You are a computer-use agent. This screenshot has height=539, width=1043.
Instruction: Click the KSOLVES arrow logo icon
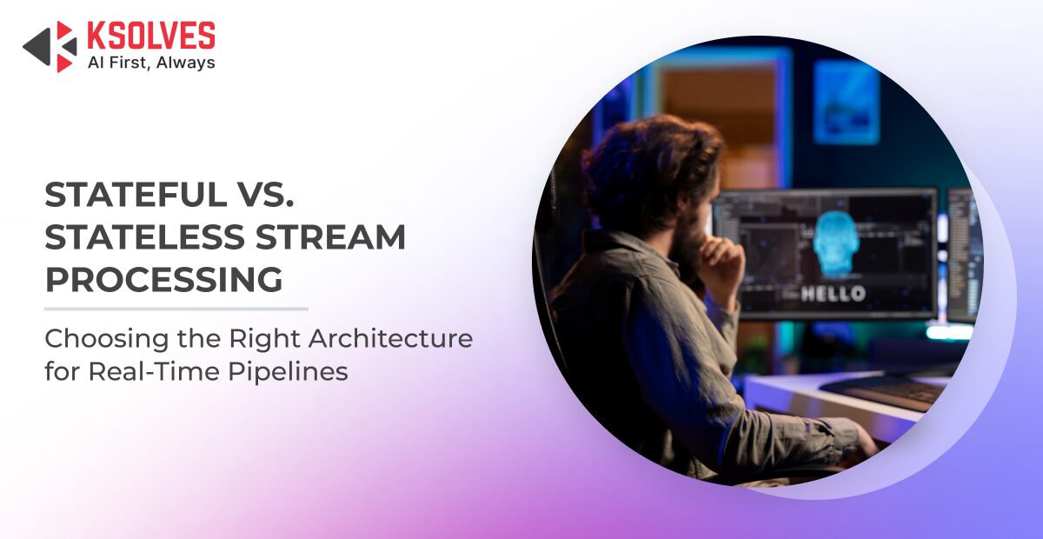pos(50,47)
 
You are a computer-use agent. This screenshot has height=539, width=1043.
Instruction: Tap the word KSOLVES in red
pos(151,36)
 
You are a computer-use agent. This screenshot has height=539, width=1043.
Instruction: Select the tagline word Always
pos(186,63)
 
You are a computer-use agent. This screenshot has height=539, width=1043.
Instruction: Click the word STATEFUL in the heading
pos(136,194)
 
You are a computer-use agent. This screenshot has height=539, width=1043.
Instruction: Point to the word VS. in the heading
pos(265,194)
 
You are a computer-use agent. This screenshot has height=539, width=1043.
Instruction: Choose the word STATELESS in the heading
pos(145,236)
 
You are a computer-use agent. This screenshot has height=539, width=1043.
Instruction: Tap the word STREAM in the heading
pos(330,236)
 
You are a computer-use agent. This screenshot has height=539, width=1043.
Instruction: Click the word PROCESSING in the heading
pos(164,279)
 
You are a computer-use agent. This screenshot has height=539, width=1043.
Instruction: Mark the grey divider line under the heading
pos(176,309)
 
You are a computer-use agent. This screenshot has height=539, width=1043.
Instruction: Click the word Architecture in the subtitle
pos(390,338)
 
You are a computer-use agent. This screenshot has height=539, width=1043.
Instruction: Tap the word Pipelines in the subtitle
pos(288,373)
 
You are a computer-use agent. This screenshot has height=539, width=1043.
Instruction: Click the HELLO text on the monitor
pos(833,294)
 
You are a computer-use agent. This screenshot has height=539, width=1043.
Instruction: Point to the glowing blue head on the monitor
pos(836,244)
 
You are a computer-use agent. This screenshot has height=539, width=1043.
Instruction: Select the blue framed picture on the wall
pos(846,103)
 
